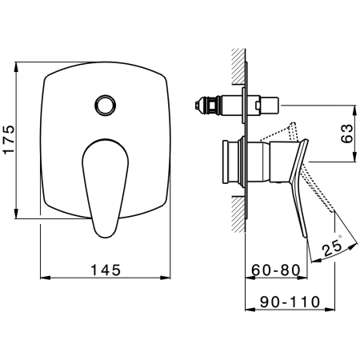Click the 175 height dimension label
9,139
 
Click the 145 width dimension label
106,270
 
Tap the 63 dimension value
347,134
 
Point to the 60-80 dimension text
276,270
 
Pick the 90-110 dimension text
290,302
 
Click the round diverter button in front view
105,105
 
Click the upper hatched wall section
238,66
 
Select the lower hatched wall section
238,214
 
